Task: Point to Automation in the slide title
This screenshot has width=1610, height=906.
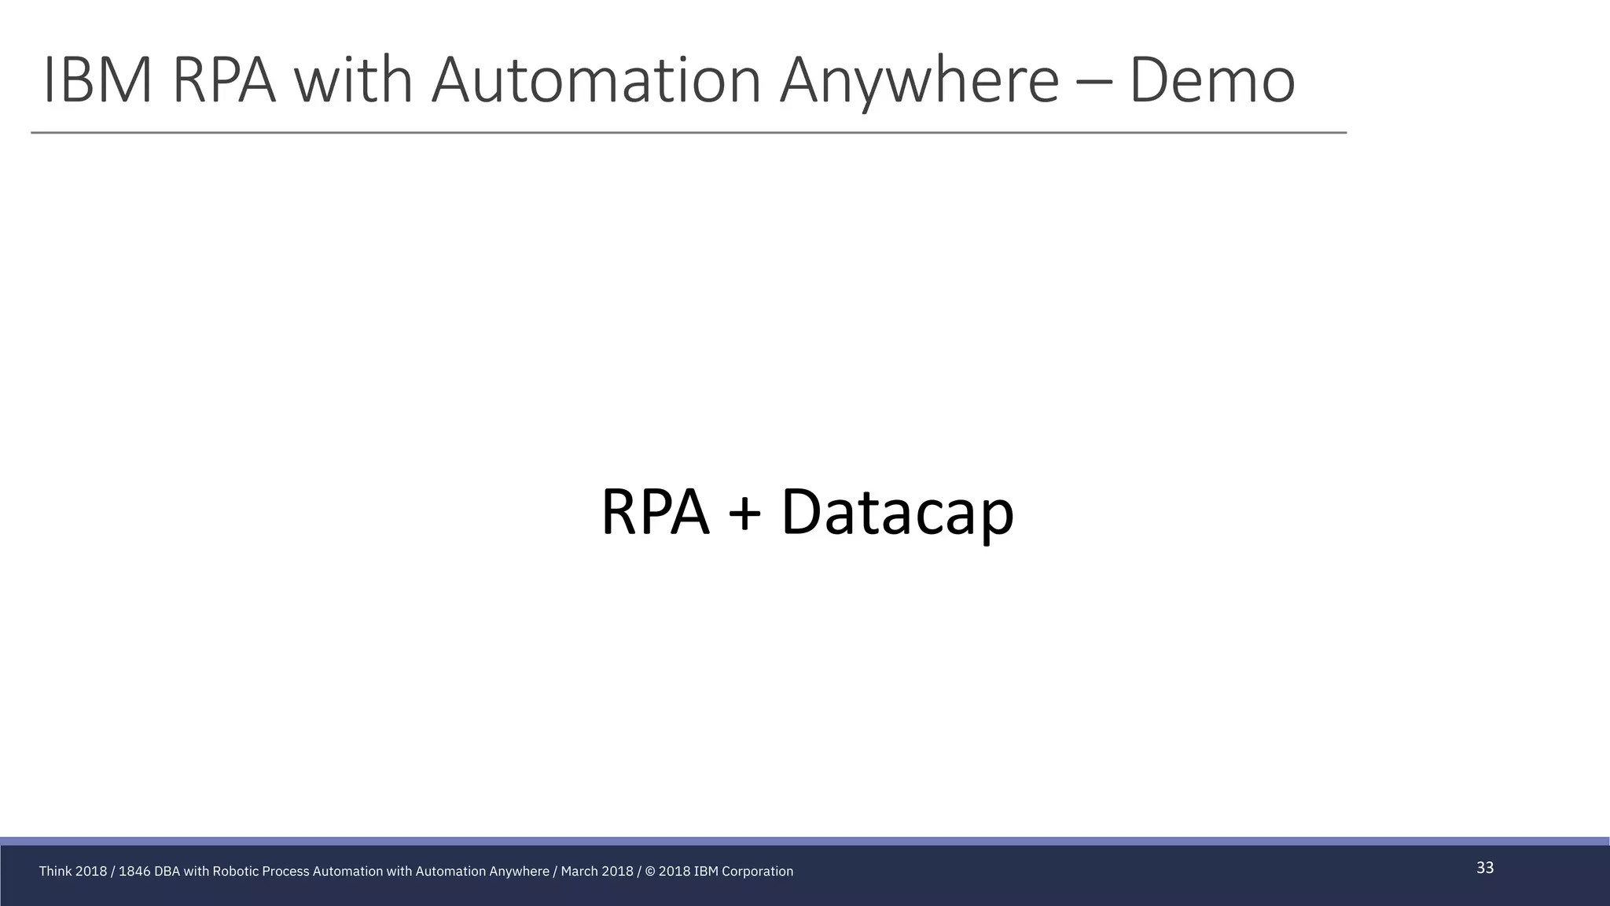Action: [x=596, y=80]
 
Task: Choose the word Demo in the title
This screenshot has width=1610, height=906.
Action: [x=1211, y=80]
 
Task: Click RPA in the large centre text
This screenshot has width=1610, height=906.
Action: [x=655, y=513]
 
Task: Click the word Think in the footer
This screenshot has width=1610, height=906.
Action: [x=55, y=871]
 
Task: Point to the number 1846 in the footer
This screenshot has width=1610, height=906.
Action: [x=134, y=871]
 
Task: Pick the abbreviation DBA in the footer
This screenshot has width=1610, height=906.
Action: [x=167, y=871]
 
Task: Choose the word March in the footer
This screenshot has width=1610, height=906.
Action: [x=578, y=871]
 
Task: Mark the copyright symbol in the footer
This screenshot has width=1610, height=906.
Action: [x=650, y=871]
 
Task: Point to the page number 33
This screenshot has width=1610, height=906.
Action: [x=1485, y=868]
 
